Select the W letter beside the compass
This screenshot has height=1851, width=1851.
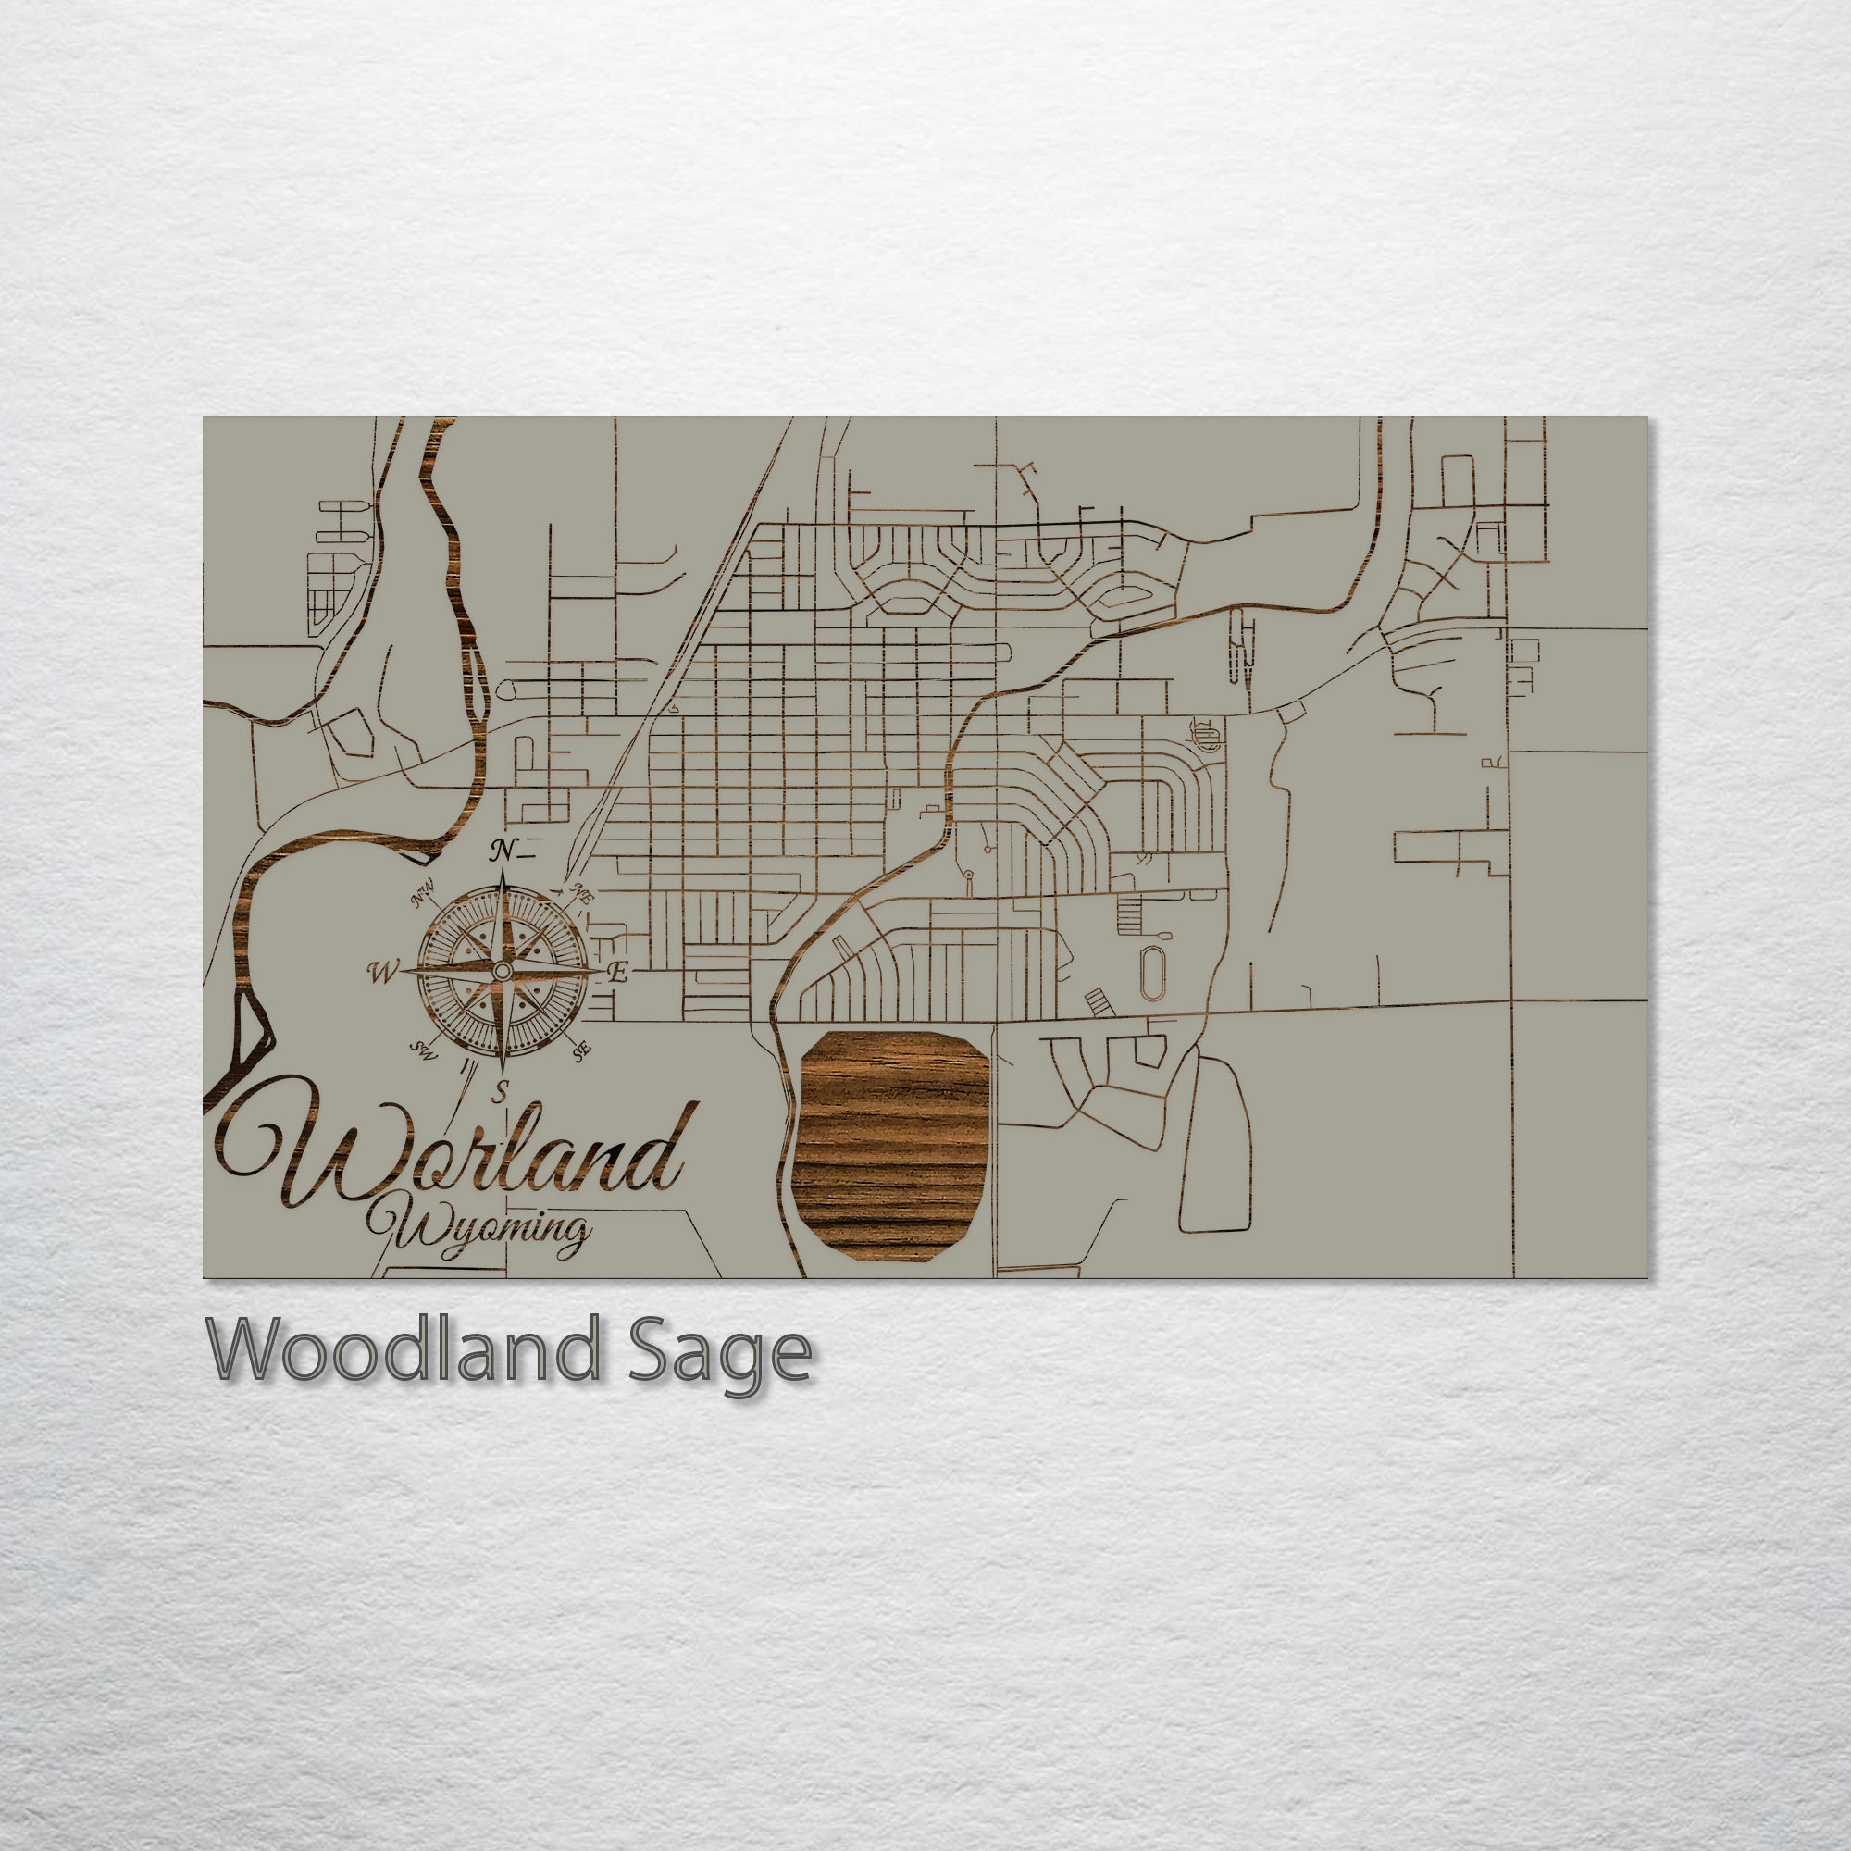pos(381,974)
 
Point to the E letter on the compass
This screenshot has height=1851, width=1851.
pos(619,975)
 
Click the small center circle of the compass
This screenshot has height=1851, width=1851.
pos(501,973)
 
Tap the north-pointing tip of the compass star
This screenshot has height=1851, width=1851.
pos(501,872)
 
